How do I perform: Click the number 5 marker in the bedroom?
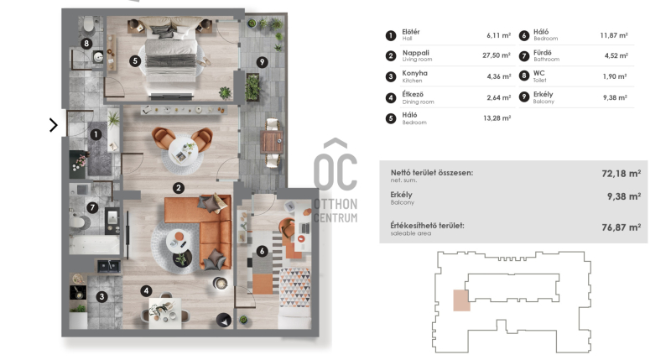coord(135,60)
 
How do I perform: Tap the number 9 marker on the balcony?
coord(263,62)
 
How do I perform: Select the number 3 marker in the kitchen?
coord(101,297)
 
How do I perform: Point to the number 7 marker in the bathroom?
coord(92,208)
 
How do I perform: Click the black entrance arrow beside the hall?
coord(54,125)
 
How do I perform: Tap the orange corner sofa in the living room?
coord(205,231)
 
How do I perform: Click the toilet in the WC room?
coord(89,24)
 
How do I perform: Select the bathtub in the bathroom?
coord(95,245)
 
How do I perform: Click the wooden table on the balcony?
coord(272,142)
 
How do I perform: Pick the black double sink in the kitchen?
coord(109,266)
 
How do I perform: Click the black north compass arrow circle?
coord(223,320)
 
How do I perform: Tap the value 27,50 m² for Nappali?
coord(497,55)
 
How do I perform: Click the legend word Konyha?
coord(414,73)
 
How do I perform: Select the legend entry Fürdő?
coord(542,53)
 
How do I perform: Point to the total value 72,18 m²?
coord(621,174)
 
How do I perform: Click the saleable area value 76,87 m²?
coord(621,227)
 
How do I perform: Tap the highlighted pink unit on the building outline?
coord(461,300)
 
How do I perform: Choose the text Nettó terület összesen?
coord(432,173)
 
